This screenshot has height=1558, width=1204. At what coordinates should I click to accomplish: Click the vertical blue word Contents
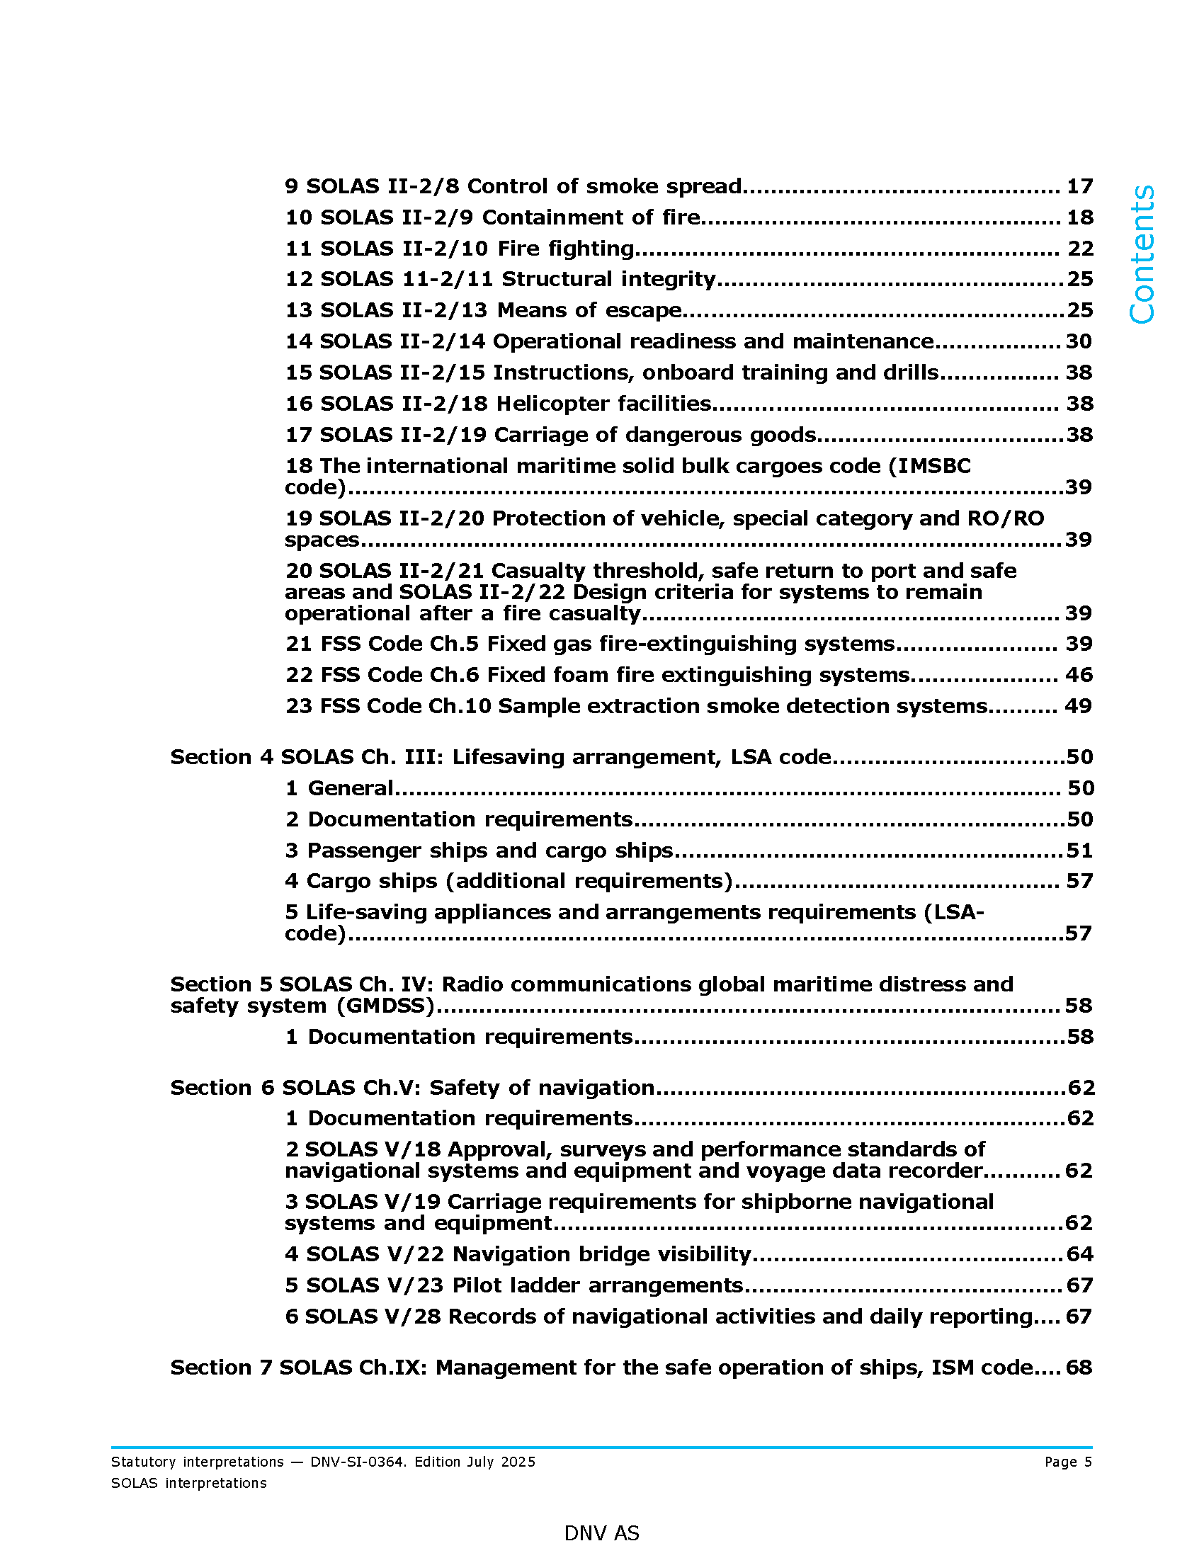point(1142,255)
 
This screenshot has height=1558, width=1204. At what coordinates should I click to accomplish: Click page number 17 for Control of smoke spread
point(1079,186)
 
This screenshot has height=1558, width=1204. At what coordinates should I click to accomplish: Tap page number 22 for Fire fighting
point(1080,249)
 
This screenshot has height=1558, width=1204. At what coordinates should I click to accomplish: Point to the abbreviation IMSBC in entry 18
point(933,466)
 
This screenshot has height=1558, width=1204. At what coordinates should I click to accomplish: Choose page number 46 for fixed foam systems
point(1079,675)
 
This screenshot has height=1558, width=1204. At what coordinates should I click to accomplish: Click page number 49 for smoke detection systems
point(1078,706)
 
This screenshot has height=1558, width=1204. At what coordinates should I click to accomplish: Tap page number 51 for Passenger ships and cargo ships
point(1079,851)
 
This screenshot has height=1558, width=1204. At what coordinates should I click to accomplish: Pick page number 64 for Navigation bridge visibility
point(1079,1254)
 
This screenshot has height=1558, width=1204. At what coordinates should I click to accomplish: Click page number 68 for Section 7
point(1079,1367)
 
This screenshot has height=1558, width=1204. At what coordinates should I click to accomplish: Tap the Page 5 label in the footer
point(1068,1462)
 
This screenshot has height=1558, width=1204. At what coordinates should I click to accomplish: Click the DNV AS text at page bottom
point(601,1533)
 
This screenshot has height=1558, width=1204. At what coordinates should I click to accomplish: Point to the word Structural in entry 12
point(557,279)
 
